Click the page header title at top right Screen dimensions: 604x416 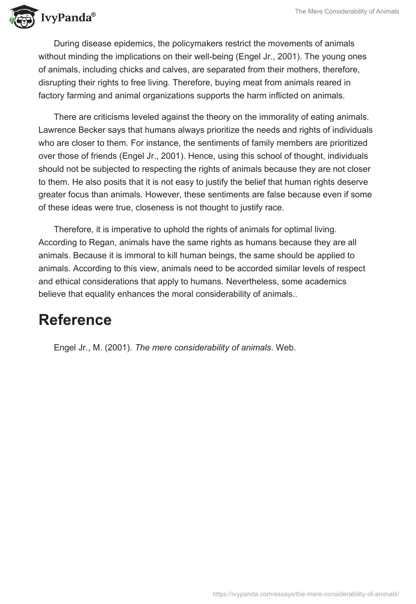pos(347,11)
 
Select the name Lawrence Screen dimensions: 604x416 pos(58,130)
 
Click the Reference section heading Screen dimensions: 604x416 pos(75,320)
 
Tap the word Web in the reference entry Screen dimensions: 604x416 pos(285,348)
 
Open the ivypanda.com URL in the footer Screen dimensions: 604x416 pos(306,593)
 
